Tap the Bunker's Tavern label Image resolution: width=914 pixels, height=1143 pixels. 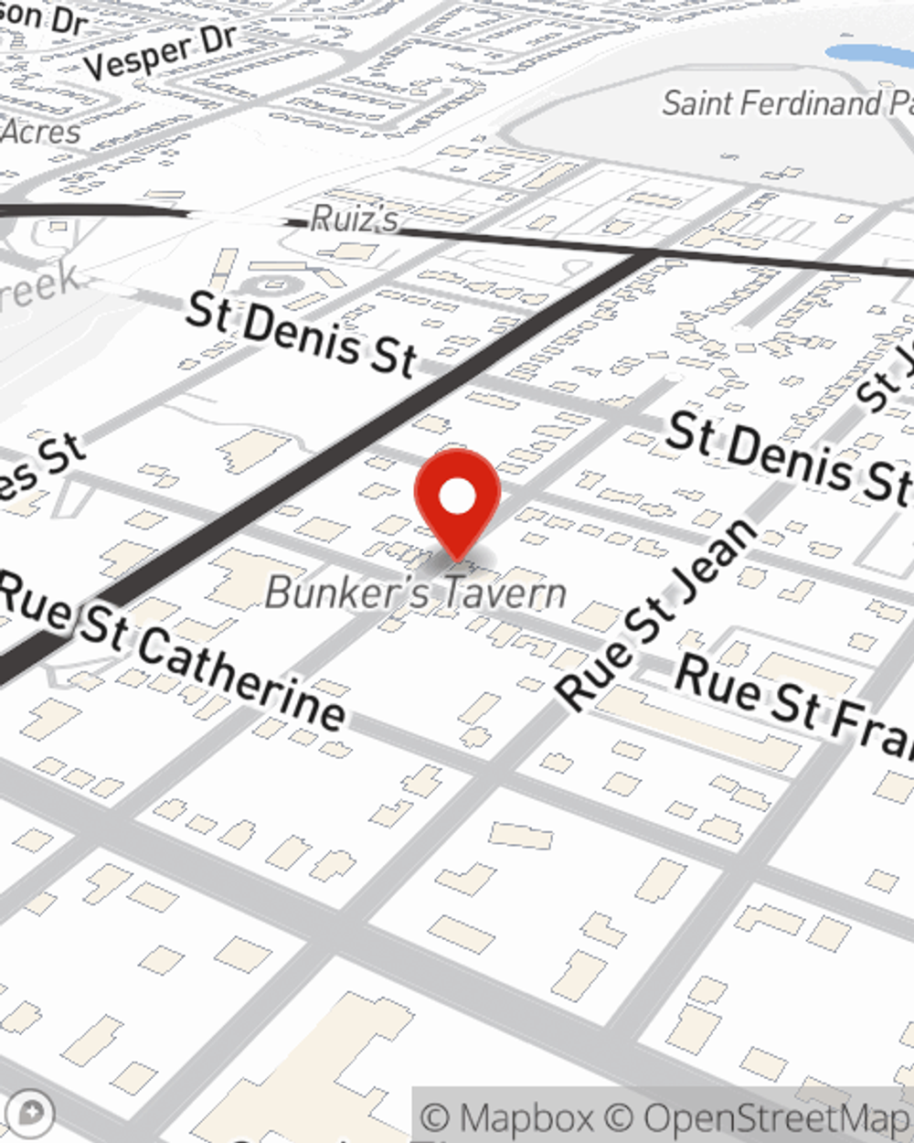[x=416, y=593]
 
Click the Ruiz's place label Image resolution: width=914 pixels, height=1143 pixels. [x=355, y=219]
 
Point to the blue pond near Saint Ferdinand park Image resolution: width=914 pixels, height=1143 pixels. [x=868, y=55]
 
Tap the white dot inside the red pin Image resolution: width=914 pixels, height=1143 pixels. [x=457, y=497]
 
